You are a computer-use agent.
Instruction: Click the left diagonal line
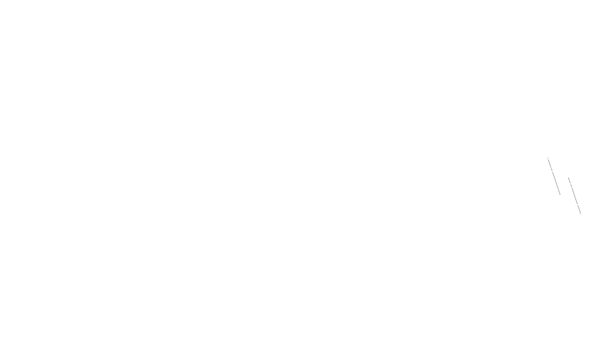pos(554,176)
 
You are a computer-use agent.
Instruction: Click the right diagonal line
pos(574,195)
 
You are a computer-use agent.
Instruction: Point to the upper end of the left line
pos(548,158)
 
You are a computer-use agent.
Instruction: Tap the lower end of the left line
pos(560,194)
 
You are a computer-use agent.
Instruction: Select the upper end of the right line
pos(568,177)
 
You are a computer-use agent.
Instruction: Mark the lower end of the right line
pos(580,213)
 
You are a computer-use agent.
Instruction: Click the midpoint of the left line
pos(554,176)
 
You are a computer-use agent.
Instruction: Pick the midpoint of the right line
pos(574,195)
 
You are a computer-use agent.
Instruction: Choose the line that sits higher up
pos(554,176)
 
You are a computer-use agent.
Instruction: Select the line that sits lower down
pos(574,195)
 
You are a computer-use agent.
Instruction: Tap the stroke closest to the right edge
pos(574,195)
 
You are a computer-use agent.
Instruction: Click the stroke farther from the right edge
pos(554,176)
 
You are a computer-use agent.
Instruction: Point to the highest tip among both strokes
pos(548,158)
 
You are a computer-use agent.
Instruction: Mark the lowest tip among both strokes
pos(580,213)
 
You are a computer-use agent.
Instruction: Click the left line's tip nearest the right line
pos(560,194)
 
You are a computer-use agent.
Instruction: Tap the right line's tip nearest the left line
pos(568,177)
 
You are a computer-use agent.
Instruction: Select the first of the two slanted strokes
pos(554,176)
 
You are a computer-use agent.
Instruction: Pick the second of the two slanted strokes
pos(574,195)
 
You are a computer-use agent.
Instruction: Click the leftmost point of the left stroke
pos(548,158)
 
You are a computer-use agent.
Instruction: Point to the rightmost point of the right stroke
pos(580,213)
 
